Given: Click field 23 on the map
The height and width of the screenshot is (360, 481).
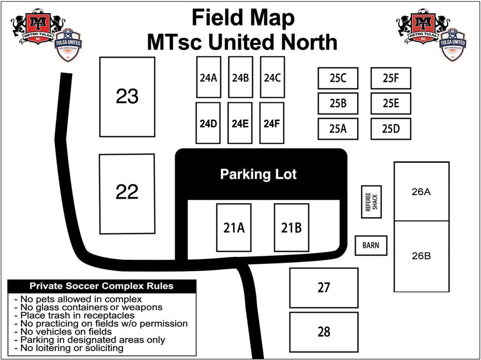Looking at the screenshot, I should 127,97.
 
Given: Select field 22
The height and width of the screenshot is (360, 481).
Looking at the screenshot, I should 127,193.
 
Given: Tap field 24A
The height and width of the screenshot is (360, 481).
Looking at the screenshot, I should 208,78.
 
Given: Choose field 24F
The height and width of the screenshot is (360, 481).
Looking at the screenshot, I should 272,123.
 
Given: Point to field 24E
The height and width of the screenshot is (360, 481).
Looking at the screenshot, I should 240,123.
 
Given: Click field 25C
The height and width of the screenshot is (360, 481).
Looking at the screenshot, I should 338,78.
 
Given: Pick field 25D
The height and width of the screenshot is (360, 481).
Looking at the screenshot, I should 390,128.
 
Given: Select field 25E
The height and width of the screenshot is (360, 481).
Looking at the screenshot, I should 390,103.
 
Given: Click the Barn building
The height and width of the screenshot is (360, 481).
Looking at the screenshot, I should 371,245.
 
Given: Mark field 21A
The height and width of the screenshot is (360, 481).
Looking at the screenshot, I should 233,227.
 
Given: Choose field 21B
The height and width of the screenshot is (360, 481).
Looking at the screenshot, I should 291,227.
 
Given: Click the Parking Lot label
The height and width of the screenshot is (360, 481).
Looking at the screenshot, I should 258,175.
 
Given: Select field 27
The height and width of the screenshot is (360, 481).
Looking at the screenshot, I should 324,288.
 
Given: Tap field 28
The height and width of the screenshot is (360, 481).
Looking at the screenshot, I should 324,332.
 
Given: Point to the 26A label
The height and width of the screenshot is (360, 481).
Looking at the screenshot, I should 421,192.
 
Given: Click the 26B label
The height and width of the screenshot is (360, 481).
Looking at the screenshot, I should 421,257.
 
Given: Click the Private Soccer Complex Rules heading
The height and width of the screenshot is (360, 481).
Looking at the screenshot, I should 101,286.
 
